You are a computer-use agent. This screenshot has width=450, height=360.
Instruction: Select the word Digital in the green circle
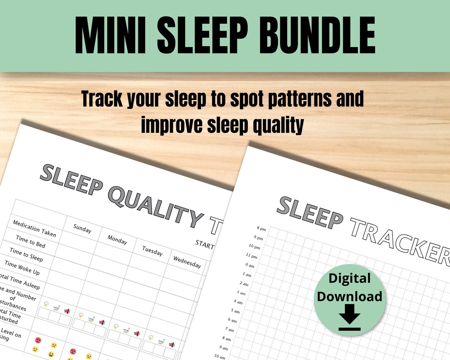click(350, 278)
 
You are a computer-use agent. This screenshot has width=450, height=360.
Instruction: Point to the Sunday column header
click(82, 228)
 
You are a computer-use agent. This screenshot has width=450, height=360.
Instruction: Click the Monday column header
click(117, 239)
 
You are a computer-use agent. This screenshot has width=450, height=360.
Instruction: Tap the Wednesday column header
click(187, 262)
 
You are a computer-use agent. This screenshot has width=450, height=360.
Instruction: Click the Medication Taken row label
click(34, 228)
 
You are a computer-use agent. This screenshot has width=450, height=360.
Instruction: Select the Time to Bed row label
click(31, 242)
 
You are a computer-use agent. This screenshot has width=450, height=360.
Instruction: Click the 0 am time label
click(249, 265)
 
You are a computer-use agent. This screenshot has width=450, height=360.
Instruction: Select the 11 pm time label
click(252, 255)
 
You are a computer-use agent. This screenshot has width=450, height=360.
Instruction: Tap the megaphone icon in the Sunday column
click(67, 311)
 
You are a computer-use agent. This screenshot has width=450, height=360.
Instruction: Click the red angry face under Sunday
click(38, 340)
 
